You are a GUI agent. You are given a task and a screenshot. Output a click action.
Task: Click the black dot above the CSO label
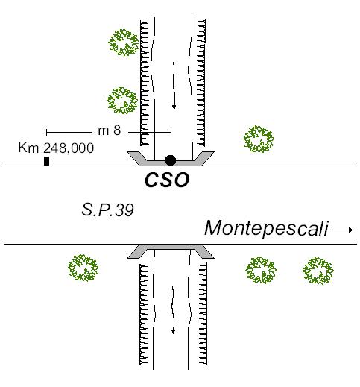pos(171,160)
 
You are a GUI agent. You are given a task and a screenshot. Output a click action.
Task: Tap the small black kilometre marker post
pos(46,161)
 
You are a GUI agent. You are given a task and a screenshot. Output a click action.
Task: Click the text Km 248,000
pos(56,148)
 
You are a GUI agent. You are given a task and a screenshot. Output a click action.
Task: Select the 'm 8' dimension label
pos(110,130)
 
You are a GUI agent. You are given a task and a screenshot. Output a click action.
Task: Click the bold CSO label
pos(167,180)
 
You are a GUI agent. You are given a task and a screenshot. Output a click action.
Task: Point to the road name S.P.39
pos(107,210)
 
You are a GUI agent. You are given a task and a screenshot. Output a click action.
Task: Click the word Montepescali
pos(266,228)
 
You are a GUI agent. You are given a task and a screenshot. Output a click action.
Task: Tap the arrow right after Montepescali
pos(341,230)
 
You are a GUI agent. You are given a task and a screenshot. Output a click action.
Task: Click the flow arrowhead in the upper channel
pos(174,107)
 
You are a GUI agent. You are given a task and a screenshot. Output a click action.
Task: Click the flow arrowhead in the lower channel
pos(174,331)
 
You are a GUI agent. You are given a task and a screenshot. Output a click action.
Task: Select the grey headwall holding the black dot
pos(171,158)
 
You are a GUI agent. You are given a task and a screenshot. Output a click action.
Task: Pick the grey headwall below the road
pos(171,251)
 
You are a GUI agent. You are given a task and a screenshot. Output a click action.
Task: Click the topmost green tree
pos(124,43)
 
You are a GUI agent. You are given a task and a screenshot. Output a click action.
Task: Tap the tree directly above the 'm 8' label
pos(122,101)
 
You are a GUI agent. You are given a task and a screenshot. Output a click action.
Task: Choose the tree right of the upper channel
pos(259,139)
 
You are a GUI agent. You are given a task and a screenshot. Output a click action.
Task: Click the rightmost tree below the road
pos(318,271)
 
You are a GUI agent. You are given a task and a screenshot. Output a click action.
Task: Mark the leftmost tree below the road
pos(83,268)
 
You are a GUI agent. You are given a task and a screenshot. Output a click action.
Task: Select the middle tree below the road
pos(261,270)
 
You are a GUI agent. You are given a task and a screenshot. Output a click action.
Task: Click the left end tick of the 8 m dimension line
pos(47,132)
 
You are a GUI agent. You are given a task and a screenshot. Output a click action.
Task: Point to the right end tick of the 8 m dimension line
pos(171,132)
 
